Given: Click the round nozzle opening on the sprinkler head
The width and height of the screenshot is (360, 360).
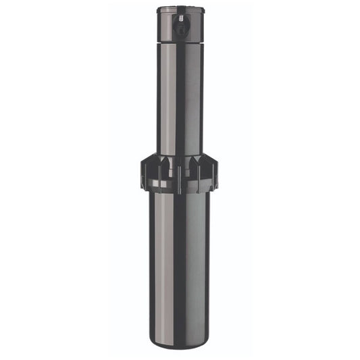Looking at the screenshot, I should click(179, 30).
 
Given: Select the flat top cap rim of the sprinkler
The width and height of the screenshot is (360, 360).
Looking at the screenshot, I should click(179, 9).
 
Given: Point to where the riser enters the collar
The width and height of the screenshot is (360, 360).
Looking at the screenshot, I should click(179, 155).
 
